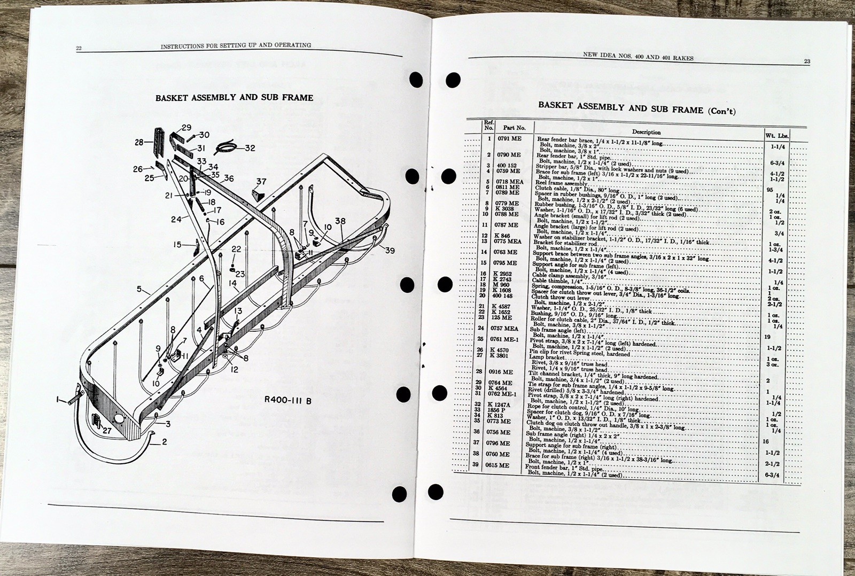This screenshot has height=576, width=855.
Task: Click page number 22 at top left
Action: click(79, 49)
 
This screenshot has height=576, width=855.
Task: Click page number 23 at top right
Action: click(807, 61)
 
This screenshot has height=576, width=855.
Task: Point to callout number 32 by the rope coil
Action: click(250, 148)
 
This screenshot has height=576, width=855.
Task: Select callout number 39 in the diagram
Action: click(390, 251)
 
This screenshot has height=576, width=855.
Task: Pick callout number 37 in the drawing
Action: click(261, 182)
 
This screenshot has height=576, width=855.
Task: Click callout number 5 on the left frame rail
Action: click(139, 290)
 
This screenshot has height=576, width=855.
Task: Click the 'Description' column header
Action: click(646, 132)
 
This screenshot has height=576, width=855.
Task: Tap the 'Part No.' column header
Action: click(514, 128)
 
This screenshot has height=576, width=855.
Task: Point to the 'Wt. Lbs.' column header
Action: click(776, 136)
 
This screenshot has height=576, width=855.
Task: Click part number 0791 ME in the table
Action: click(509, 138)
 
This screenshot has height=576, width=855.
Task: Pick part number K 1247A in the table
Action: click(499, 405)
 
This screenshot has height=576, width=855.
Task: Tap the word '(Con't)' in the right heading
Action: click(721, 111)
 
